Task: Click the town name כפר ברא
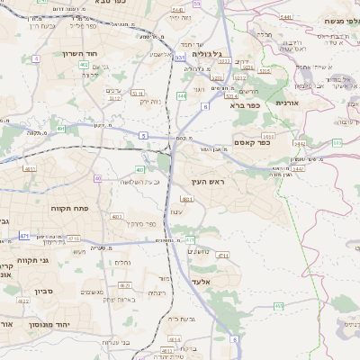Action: tap(244, 106)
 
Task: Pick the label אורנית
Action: tap(286, 103)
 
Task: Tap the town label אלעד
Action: tap(200, 282)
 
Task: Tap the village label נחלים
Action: tap(122, 262)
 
